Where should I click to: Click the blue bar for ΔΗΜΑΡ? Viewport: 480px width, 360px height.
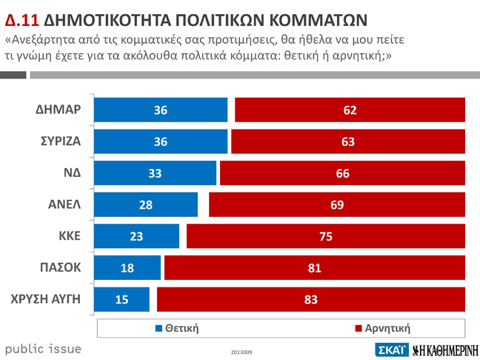161,110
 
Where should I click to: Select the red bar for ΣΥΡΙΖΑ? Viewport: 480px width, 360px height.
348,141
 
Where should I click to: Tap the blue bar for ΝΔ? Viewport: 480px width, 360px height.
156,173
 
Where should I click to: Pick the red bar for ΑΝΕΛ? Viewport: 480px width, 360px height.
337,204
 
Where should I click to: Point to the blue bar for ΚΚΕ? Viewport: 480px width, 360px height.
138,236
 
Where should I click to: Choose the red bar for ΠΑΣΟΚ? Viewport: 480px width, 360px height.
315,267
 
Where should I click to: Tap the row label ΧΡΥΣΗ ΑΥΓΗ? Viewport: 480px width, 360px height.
46,299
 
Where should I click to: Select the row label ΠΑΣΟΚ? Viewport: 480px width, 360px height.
60,267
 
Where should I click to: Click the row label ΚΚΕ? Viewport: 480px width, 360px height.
70,236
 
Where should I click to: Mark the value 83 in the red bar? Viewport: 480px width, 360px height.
311,299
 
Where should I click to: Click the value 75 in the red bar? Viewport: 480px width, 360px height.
326,236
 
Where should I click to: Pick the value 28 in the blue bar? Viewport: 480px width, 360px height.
146,204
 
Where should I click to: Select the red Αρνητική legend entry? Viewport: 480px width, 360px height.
382,327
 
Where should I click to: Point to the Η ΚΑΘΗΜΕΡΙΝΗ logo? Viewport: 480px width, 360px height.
444,350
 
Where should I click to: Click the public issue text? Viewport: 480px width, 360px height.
43,348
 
